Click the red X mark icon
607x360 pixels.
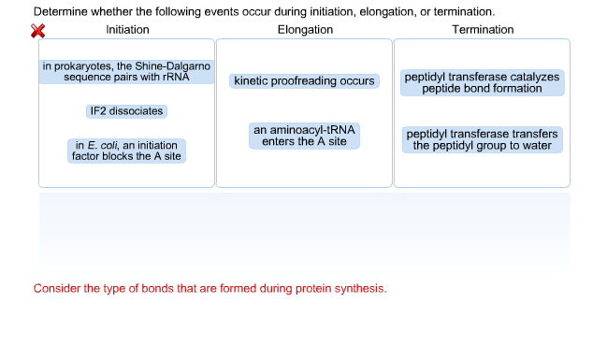click(38, 31)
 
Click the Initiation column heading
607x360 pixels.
click(127, 30)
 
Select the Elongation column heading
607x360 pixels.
click(305, 30)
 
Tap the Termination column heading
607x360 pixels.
click(483, 30)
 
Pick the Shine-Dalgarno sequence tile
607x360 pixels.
click(127, 72)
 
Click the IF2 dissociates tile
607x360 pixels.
click(126, 111)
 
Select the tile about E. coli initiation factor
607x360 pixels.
click(127, 151)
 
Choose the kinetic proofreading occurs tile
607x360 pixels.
click(305, 81)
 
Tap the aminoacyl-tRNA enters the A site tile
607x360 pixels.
click(305, 136)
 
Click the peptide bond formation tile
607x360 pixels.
click(482, 82)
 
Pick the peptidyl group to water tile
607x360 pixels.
click(482, 139)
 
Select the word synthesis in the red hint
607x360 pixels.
click(360, 288)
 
